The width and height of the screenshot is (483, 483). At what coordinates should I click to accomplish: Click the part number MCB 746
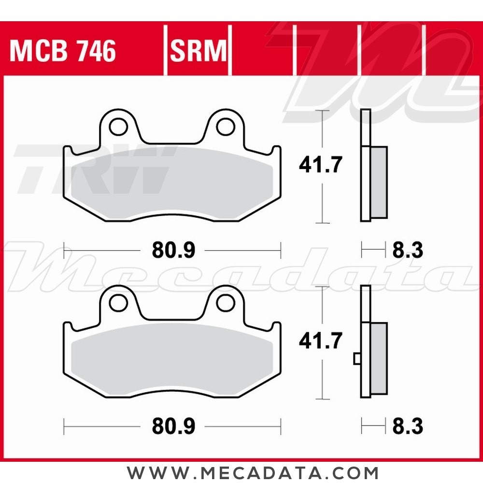click(63, 51)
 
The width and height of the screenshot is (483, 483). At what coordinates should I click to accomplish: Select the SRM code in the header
click(198, 51)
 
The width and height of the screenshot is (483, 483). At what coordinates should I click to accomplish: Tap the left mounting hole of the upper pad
click(116, 127)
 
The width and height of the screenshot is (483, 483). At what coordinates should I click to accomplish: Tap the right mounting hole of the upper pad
click(224, 127)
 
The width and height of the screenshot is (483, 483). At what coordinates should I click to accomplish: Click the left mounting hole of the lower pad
click(116, 302)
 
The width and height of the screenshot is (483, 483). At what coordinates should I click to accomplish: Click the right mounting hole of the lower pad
click(224, 302)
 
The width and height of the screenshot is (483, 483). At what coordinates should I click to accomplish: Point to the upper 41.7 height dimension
click(320, 166)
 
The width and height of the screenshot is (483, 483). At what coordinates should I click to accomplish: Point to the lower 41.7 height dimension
click(320, 341)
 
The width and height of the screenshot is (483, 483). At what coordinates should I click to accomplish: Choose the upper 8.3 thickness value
click(407, 250)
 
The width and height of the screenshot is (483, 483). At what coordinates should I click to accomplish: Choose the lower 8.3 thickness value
click(407, 426)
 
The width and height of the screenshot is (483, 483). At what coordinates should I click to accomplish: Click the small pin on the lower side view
click(357, 358)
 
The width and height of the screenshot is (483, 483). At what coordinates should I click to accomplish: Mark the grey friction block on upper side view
click(379, 182)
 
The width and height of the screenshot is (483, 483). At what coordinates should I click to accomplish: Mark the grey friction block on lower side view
click(379, 358)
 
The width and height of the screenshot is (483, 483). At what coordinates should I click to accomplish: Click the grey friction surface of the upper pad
click(171, 184)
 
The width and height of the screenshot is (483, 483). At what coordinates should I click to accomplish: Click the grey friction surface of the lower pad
click(171, 360)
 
